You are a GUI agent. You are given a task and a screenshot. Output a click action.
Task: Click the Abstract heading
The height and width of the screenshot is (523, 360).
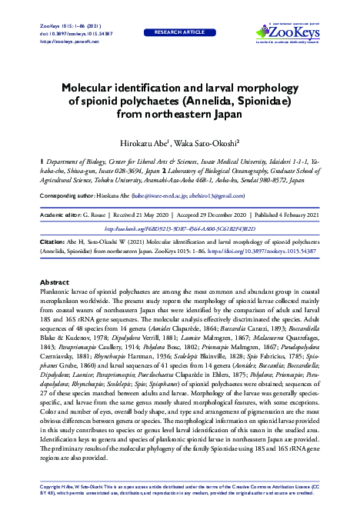pyautogui.click(x=55, y=282)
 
